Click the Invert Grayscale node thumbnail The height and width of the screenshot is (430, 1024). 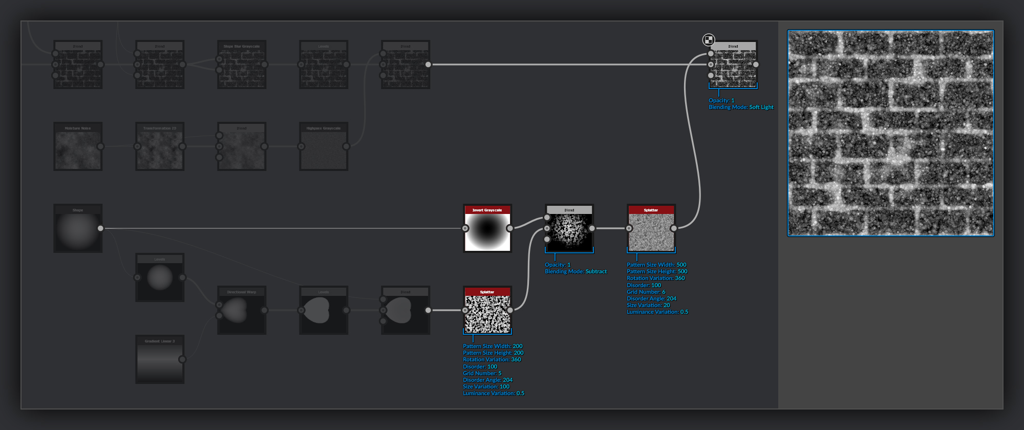point(487,232)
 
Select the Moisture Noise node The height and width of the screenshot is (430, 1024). point(78,148)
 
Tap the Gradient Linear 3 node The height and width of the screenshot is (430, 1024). point(160,361)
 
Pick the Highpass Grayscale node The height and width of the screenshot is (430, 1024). point(324,148)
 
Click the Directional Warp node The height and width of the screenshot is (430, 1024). point(242,312)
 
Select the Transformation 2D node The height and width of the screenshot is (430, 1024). point(160,148)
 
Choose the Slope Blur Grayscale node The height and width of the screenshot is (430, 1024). point(242,67)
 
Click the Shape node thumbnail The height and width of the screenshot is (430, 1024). point(78,230)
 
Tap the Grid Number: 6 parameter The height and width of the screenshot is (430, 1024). point(646,292)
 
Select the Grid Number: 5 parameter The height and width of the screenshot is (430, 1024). point(482,373)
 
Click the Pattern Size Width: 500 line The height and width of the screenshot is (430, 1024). point(656,265)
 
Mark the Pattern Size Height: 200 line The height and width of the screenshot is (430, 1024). point(493,353)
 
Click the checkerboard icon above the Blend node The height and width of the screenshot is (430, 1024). point(709,40)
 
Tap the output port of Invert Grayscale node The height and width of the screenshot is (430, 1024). point(510,228)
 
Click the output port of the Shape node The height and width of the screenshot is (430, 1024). point(100,228)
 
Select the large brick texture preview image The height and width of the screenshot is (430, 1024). point(890,133)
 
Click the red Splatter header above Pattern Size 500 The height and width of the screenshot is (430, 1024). point(651,210)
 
